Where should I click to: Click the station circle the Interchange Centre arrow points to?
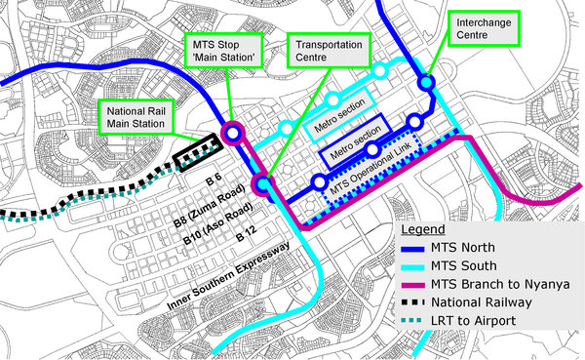pos(426,85)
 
